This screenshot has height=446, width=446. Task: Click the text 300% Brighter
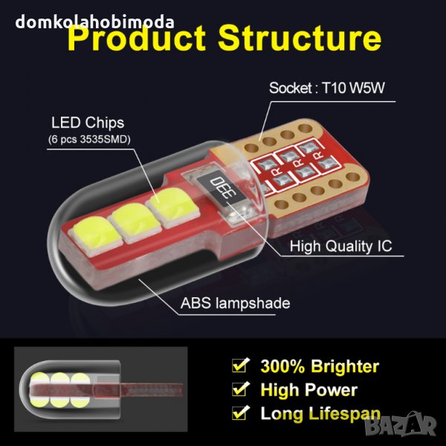(x=320, y=366)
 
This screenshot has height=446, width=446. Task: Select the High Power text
(x=308, y=390)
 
